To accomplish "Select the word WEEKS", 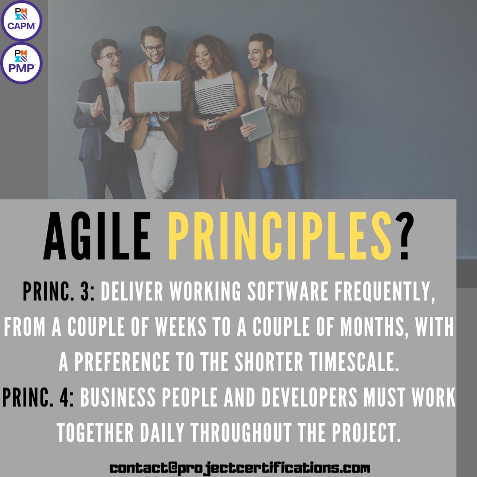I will pyautogui.click(x=180, y=328).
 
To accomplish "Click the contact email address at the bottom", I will pyautogui.click(x=240, y=467).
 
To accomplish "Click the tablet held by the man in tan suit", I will pyautogui.click(x=256, y=123).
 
